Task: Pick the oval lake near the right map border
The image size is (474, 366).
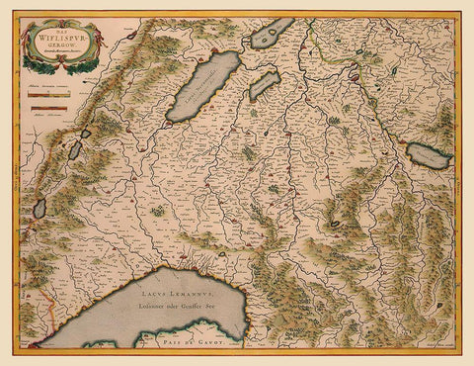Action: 429,154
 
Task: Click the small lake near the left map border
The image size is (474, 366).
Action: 39,208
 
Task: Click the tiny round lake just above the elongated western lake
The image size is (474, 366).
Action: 87,134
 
